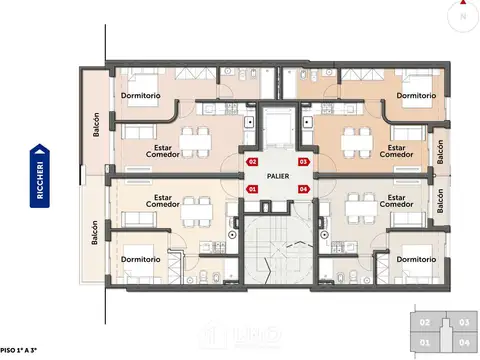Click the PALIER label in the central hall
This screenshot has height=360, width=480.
coord(278,174)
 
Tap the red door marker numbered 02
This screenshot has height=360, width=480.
coord(252,161)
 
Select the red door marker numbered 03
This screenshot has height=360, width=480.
coord(304,161)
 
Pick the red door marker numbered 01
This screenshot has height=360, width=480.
coord(252,188)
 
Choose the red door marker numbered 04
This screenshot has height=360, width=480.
coord(304,188)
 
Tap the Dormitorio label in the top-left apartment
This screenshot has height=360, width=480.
coord(142,95)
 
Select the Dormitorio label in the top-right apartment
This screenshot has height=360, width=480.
coord(415,95)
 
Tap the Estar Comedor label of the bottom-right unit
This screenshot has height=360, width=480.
coord(396,203)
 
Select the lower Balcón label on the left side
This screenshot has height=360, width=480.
coord(96,232)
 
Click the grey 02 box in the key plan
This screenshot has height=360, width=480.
coord(426,323)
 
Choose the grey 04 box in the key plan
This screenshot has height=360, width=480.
coord(463,343)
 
